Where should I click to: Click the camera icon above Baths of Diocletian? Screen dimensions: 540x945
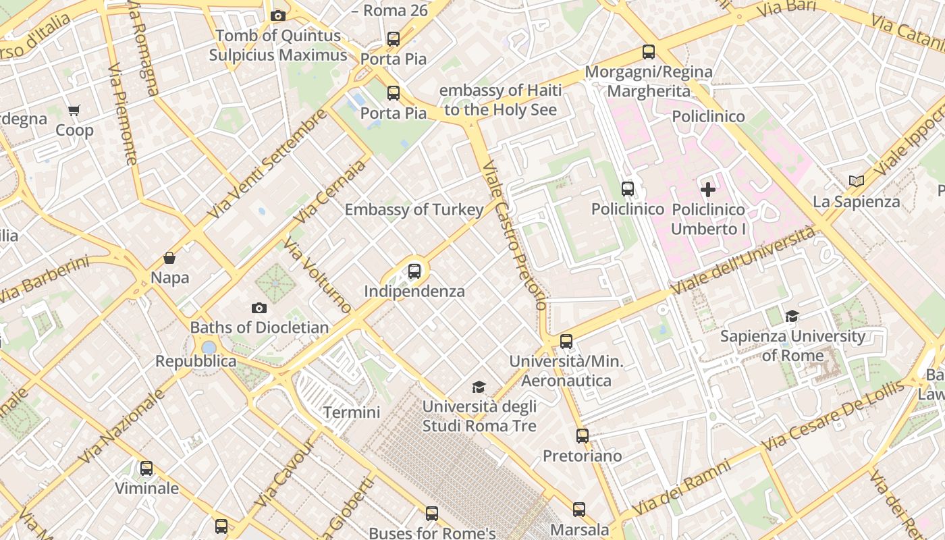tap(259, 308)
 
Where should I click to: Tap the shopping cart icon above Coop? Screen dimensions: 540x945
tap(74, 111)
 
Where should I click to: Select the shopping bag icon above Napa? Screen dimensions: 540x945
tap(169, 258)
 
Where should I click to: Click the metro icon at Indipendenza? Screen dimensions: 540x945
tap(414, 271)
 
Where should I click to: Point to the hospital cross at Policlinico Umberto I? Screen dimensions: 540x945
tap(708, 190)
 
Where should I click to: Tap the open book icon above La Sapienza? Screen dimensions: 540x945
tap(857, 181)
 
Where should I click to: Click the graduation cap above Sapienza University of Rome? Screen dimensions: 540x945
tap(792, 316)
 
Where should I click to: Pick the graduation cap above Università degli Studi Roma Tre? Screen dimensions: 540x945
tap(479, 387)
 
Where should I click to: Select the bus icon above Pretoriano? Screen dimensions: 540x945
tap(583, 436)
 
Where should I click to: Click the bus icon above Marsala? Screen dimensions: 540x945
tap(579, 510)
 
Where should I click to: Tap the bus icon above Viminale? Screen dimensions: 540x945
tap(146, 468)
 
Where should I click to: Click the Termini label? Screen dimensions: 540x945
tap(352, 412)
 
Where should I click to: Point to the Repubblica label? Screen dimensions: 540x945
tap(196, 361)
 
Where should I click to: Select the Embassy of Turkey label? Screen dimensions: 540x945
tap(414, 210)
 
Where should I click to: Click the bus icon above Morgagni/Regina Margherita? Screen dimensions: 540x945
tap(649, 52)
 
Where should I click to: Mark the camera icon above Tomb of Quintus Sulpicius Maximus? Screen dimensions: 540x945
tap(277, 16)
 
